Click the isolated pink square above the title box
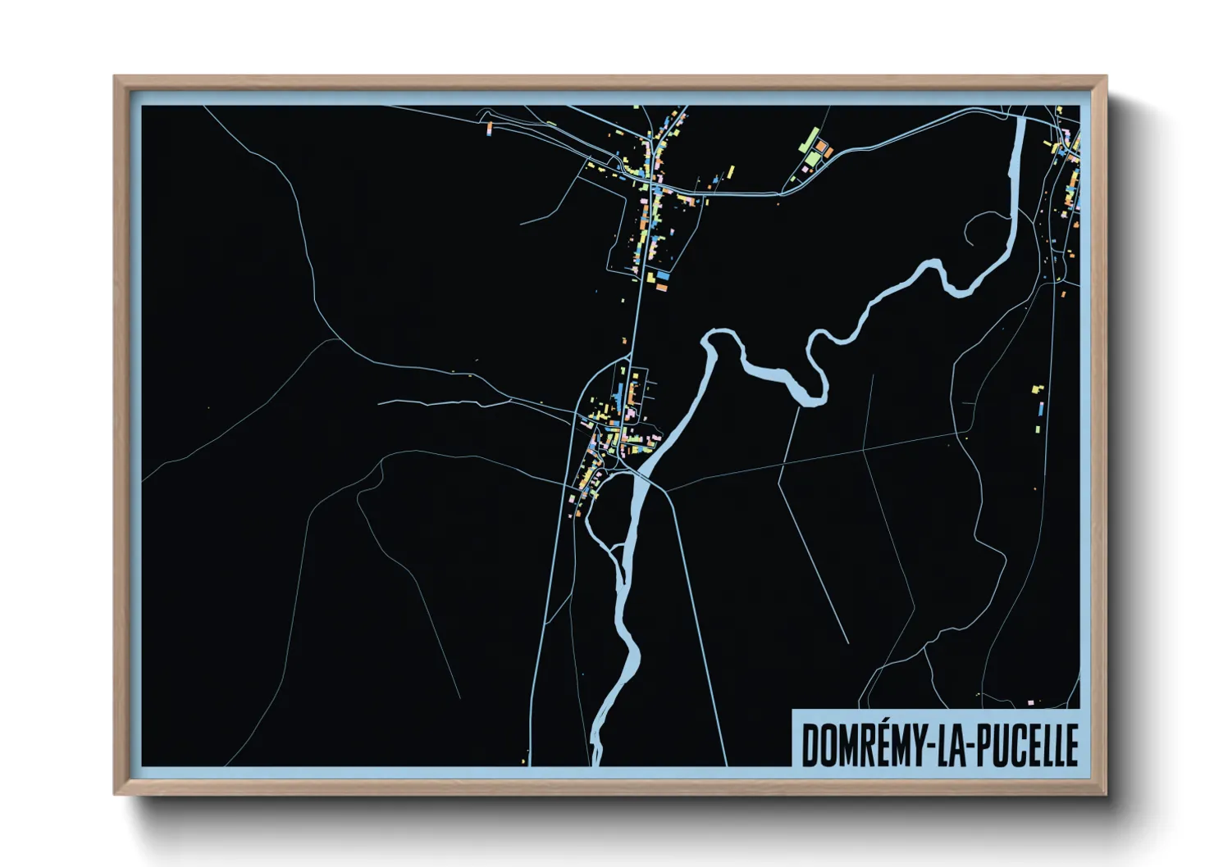coord(1031,702)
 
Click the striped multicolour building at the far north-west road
coord(490,129)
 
